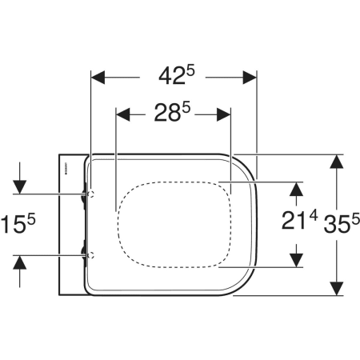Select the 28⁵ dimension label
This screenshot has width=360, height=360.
point(172,112)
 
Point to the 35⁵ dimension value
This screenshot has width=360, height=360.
point(342,223)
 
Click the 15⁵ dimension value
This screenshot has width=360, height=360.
point(18,224)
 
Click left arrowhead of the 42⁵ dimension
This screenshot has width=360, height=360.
point(98,78)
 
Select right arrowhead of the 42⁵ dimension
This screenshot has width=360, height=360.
point(250,78)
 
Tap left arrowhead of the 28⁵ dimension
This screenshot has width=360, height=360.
point(123,114)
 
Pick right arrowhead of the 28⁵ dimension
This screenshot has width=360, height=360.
point(223,114)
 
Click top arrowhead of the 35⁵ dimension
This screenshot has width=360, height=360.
point(337,162)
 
